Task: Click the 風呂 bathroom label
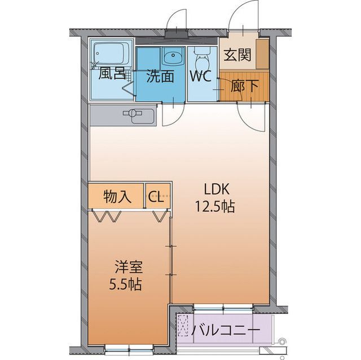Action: pyautogui.click(x=111, y=73)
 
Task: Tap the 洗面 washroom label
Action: pyautogui.click(x=160, y=76)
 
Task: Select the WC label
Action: pyautogui.click(x=200, y=76)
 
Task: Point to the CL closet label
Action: pyautogui.click(x=156, y=197)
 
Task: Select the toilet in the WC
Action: pyautogui.click(x=201, y=59)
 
